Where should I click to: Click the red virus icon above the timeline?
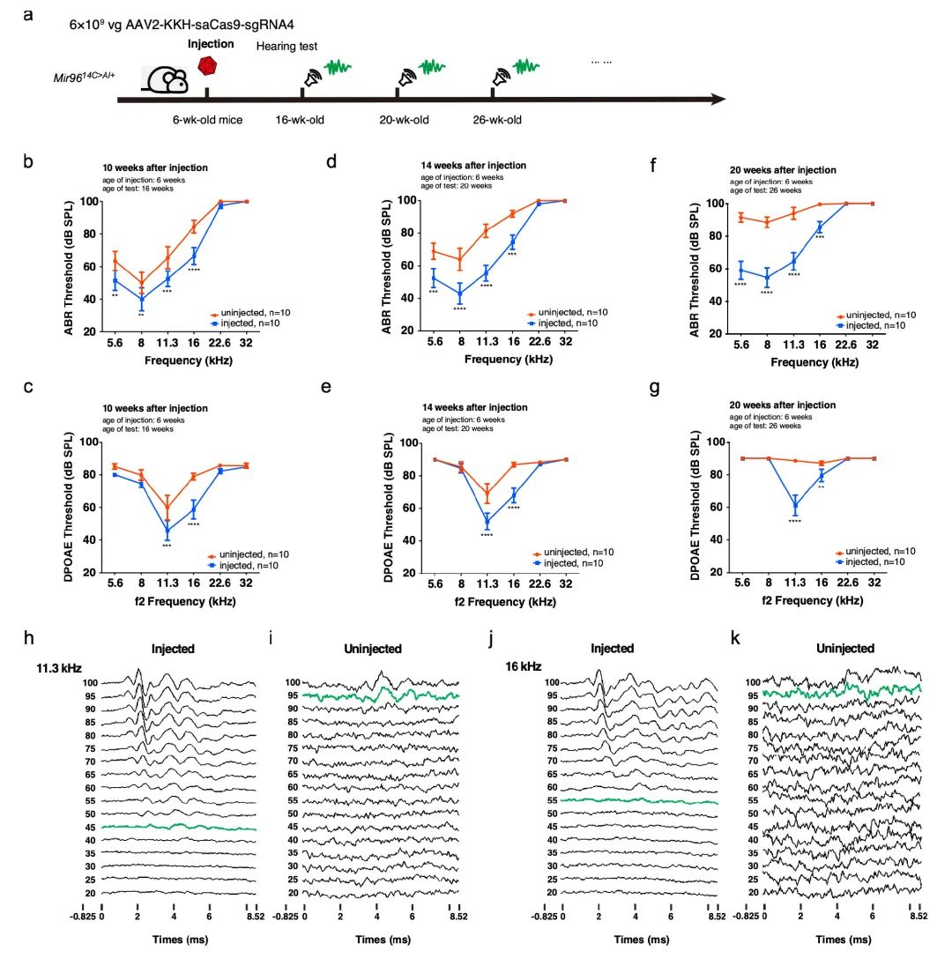(x=207, y=66)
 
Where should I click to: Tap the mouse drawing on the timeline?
(x=167, y=80)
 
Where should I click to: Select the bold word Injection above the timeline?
(x=211, y=43)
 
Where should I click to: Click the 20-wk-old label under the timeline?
(x=404, y=120)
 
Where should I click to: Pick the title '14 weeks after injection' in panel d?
(x=474, y=165)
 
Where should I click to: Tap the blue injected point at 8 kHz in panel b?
(x=142, y=299)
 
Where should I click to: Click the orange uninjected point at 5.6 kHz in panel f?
(x=741, y=217)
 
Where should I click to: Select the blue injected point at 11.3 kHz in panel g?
(x=795, y=506)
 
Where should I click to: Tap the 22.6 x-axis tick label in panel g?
(x=846, y=582)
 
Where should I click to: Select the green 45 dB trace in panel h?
(x=176, y=827)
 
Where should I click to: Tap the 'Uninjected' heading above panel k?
(x=844, y=649)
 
